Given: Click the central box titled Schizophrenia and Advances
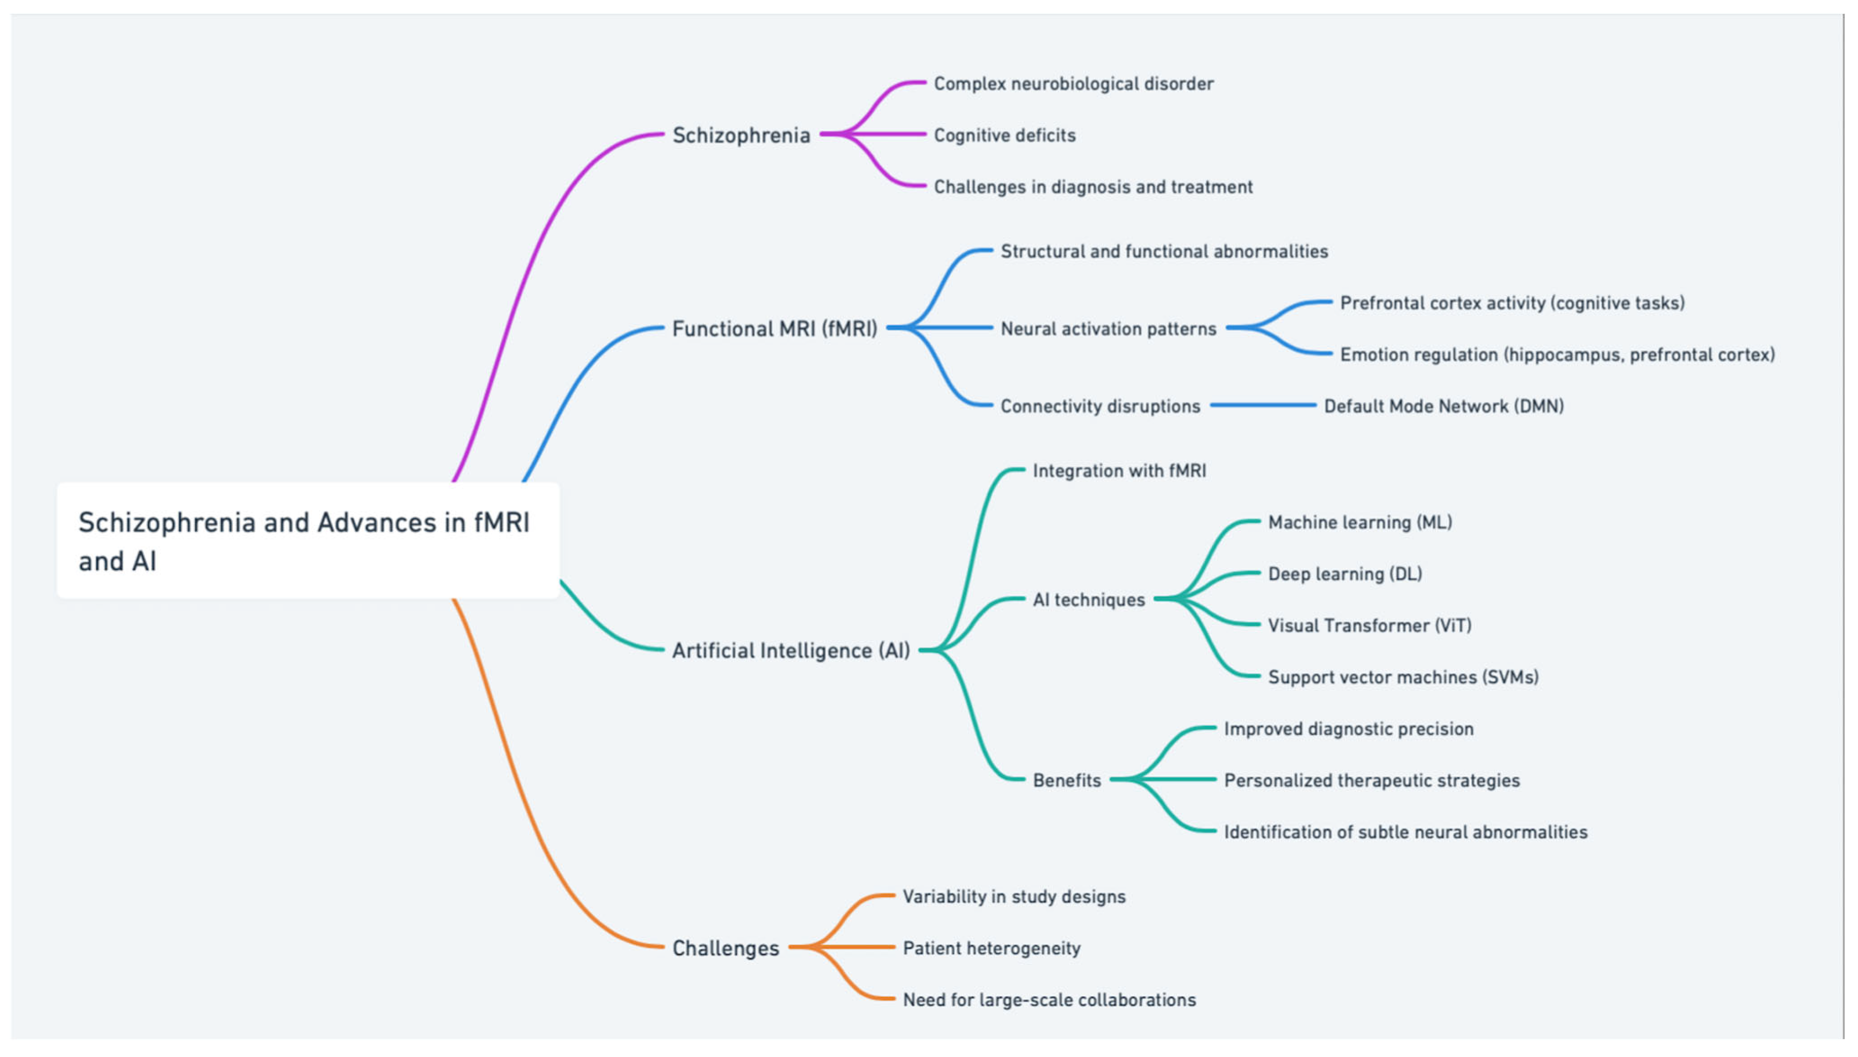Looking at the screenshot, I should click(x=308, y=541).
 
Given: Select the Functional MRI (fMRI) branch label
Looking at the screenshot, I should click(x=775, y=329).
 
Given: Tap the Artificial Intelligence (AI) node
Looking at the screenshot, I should click(x=791, y=651).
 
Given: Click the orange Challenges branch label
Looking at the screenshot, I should click(x=725, y=948).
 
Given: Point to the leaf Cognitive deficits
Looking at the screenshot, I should click(x=1004, y=135).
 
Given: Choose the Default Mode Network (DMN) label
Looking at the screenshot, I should click(x=1443, y=406).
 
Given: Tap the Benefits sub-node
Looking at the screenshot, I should click(x=1067, y=780).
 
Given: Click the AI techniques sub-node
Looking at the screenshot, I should click(x=1088, y=599).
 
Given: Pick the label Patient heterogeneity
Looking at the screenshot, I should click(x=991, y=948).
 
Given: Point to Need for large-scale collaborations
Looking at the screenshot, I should click(x=1049, y=1000).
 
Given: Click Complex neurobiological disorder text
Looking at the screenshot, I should click(x=1073, y=84).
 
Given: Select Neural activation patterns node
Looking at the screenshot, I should click(x=1108, y=329).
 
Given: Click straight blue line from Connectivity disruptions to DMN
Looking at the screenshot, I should click(x=1263, y=405).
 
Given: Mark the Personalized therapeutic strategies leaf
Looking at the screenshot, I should click(x=1372, y=780).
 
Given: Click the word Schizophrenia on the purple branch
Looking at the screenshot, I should click(x=741, y=135).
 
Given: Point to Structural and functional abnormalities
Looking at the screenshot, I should click(x=1164, y=251).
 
